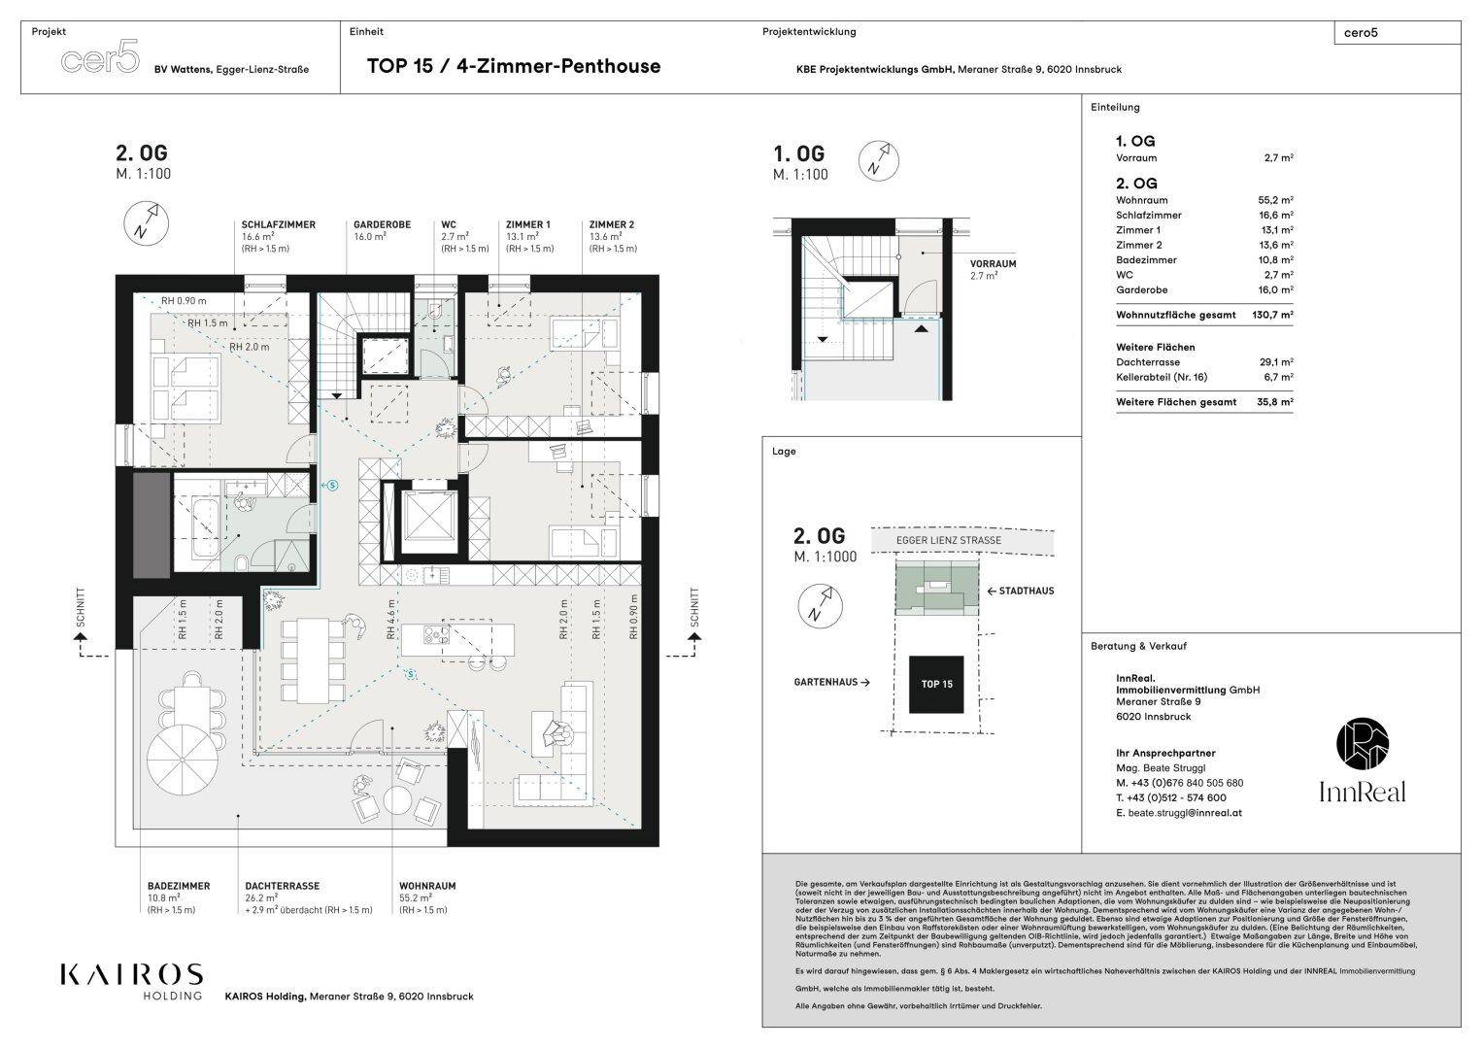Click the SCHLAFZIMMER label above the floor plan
pyautogui.click(x=278, y=224)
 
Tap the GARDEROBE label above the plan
pyautogui.click(x=382, y=224)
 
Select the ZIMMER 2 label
pyautogui.click(x=611, y=224)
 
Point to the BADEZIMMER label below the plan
pyautogui.click(x=178, y=886)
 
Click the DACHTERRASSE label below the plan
pyautogui.click(x=282, y=886)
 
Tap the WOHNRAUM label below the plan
pyautogui.click(x=426, y=886)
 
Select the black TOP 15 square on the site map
pyautogui.click(x=936, y=684)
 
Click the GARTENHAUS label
pyautogui.click(x=826, y=683)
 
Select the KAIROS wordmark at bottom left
pyautogui.click(x=131, y=974)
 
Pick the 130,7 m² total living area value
pyautogui.click(x=1272, y=315)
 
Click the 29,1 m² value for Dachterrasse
pyautogui.click(x=1275, y=362)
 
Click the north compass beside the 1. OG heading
pyautogui.click(x=877, y=161)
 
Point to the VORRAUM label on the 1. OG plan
pyautogui.click(x=993, y=263)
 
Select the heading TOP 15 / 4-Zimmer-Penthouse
pyautogui.click(x=513, y=66)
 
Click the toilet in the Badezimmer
pyautogui.click(x=240, y=561)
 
